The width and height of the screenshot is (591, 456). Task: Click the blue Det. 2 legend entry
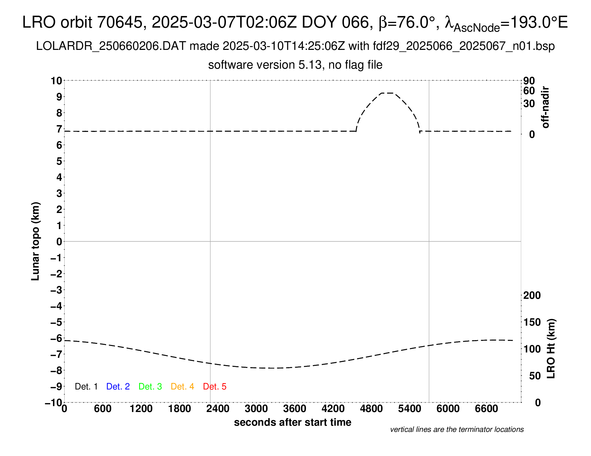[118, 387]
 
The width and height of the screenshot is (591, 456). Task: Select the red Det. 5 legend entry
[215, 387]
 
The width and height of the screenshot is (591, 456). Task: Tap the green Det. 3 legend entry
[150, 387]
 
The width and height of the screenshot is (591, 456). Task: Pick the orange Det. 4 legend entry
[182, 387]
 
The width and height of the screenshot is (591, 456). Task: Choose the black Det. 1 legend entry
[86, 387]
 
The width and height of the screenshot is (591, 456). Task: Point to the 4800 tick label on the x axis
[371, 409]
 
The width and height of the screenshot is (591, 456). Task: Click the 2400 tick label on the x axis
[218, 409]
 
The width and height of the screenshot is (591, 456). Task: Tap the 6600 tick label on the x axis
[486, 409]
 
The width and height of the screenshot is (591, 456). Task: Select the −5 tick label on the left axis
[56, 322]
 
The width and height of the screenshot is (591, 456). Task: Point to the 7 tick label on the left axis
[59, 129]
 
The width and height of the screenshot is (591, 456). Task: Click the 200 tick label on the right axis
[532, 296]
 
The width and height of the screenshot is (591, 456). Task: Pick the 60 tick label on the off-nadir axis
[529, 91]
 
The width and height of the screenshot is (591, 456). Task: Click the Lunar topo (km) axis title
[35, 241]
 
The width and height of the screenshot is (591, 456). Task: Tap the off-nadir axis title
[546, 107]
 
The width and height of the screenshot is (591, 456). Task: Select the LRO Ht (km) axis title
[551, 349]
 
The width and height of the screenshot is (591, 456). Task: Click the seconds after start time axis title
[293, 422]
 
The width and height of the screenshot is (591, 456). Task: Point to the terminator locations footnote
[457, 429]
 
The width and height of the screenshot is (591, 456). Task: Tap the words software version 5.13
[265, 65]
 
